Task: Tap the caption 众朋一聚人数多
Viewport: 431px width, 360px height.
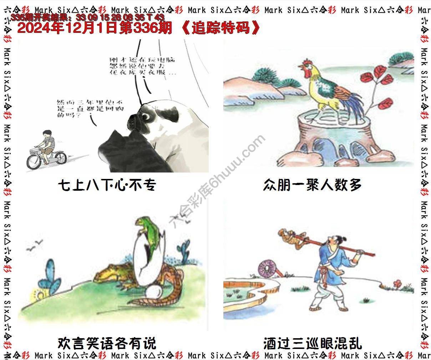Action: click(x=312, y=185)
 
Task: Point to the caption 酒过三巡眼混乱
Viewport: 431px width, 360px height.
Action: click(x=313, y=344)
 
